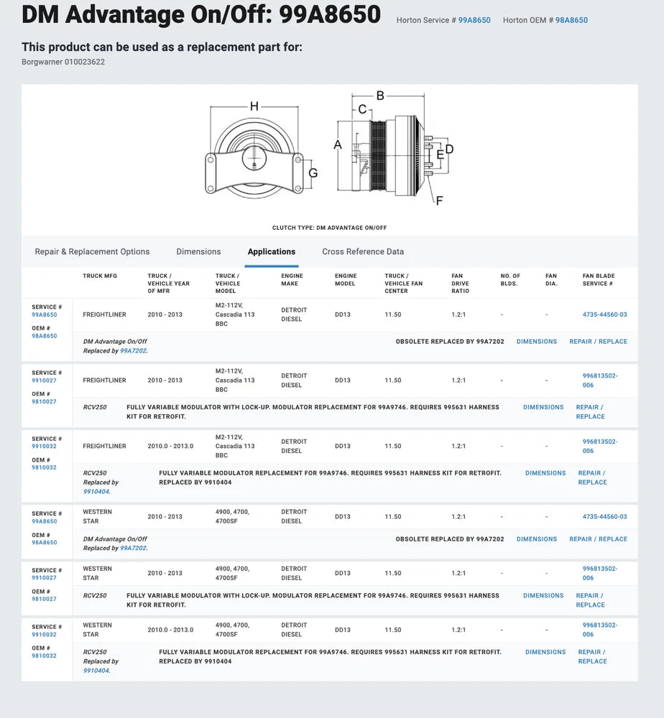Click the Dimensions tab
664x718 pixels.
click(198, 252)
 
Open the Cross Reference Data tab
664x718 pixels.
click(363, 252)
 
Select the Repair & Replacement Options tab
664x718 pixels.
click(92, 252)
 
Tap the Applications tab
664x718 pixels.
click(271, 252)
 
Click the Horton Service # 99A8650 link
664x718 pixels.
click(474, 20)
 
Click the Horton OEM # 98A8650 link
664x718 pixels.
click(571, 20)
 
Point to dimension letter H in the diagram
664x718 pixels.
click(254, 106)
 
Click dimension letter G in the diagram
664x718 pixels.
click(313, 173)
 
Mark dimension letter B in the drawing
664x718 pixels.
click(380, 95)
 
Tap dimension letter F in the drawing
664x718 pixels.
click(439, 200)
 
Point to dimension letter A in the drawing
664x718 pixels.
click(338, 144)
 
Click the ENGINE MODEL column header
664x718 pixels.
click(345, 279)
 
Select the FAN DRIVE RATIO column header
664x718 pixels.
click(460, 284)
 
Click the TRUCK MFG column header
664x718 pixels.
click(100, 276)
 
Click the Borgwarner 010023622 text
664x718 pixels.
click(63, 62)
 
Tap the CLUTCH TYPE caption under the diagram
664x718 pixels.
click(330, 228)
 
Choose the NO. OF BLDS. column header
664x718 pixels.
click(510, 279)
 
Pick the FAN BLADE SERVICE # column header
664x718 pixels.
click(599, 279)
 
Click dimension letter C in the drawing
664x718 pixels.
click(362, 109)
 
